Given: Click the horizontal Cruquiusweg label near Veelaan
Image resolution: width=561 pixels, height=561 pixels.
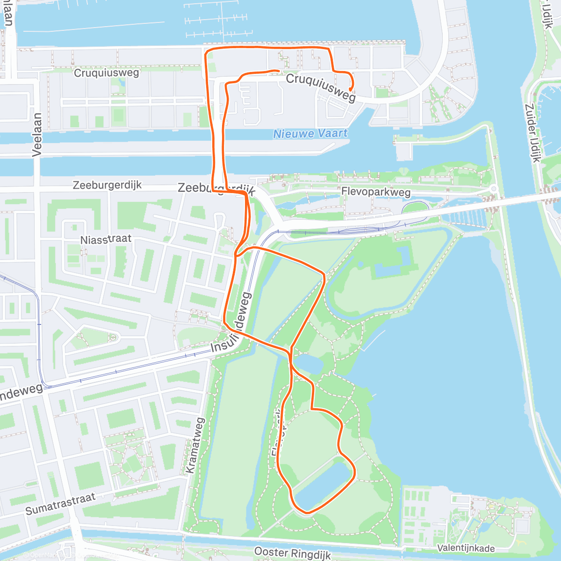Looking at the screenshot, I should pos(107,73).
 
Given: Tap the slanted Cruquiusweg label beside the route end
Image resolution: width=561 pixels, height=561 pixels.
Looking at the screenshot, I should pos(321,87).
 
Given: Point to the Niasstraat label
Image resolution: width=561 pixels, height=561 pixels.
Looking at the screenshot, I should pos(106,239).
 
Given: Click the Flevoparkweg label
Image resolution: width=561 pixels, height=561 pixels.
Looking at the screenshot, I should pos(376,192).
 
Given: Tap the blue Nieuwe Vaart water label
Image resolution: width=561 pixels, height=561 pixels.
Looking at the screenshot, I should pos(310,134).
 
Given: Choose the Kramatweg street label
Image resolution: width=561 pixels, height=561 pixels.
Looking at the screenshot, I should pos(195,445).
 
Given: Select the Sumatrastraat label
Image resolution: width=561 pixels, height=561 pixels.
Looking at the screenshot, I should pos(60,503).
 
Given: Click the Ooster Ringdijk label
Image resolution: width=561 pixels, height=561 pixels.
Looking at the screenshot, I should pos(293,553).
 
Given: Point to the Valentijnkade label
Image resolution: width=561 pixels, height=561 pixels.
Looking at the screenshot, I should pos(466,548).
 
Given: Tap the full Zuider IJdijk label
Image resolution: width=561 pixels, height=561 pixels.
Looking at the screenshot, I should pos(533,133).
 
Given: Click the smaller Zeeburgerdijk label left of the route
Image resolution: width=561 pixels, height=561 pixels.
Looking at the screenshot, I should pos(107,185).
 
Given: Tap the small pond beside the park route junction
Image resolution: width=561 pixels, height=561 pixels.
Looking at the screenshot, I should pos(307,363).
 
